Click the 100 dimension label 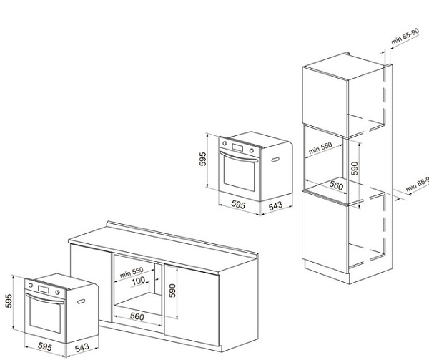138,281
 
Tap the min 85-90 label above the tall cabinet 405,37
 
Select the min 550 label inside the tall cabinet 320,148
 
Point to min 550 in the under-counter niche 132,273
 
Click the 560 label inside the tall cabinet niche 336,185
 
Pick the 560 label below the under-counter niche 137,316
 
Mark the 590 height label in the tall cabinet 355,168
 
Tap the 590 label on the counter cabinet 172,291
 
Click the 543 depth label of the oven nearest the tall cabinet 275,205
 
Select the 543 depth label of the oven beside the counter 82,348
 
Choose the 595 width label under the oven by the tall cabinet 238,204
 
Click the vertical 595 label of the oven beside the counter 9,301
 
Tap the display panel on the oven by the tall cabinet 237,147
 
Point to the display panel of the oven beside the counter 43,289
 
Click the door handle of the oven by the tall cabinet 239,157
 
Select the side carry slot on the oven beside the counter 81,301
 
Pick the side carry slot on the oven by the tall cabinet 275,160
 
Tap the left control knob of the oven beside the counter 31,286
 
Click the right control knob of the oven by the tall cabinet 251,150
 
